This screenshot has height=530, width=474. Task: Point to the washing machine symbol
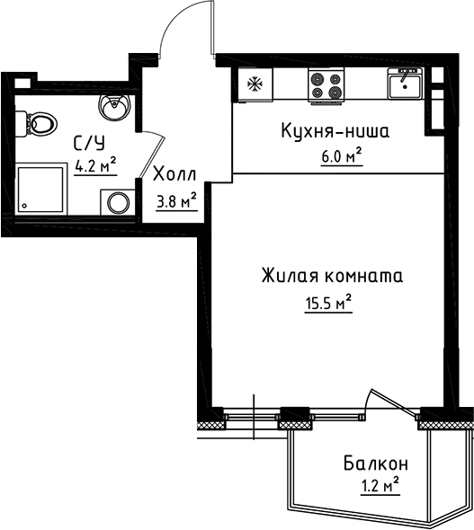tap(118, 201)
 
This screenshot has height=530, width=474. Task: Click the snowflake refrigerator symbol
tap(253, 86)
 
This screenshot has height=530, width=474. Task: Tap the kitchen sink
tap(405, 85)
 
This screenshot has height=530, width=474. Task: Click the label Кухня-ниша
tap(332, 132)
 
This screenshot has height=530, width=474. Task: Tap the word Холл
tap(175, 174)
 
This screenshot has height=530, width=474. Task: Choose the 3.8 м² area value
tap(176, 200)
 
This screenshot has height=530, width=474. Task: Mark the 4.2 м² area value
tap(95, 165)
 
